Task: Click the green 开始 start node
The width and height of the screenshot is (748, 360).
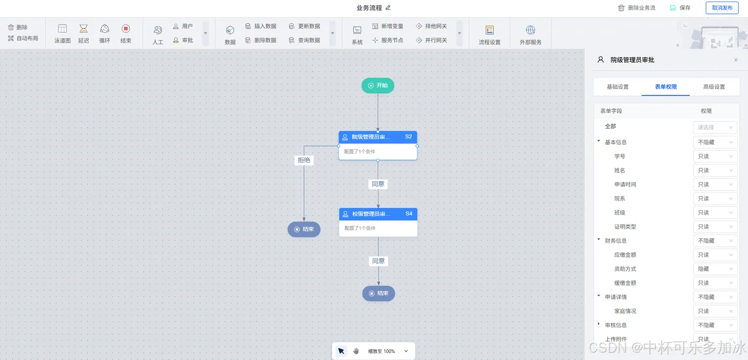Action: (378, 85)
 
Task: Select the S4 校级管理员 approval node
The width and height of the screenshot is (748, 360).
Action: (378, 222)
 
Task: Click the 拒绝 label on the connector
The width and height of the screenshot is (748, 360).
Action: (304, 160)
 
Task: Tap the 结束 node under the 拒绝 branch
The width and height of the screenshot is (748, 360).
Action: (304, 229)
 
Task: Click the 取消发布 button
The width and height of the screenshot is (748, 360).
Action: (722, 8)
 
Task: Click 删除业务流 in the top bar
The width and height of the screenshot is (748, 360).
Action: (636, 8)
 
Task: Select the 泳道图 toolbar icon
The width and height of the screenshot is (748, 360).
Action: (63, 33)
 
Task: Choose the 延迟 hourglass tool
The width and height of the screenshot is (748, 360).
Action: (83, 33)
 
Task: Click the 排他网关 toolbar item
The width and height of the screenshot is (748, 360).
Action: (431, 26)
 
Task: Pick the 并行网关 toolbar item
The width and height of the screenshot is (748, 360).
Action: (431, 40)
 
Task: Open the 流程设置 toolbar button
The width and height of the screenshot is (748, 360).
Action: (489, 34)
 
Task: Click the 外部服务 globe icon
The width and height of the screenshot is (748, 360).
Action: (531, 34)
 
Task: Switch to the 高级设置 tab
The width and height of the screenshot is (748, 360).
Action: (714, 87)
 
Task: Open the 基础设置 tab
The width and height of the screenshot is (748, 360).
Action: (618, 87)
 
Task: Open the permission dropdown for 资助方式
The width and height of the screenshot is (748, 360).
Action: (715, 269)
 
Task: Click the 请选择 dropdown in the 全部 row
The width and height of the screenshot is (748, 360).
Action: (715, 128)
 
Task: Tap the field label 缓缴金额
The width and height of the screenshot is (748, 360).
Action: (625, 283)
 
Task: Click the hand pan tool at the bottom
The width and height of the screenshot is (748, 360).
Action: (356, 351)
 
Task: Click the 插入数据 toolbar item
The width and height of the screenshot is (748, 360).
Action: (261, 26)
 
